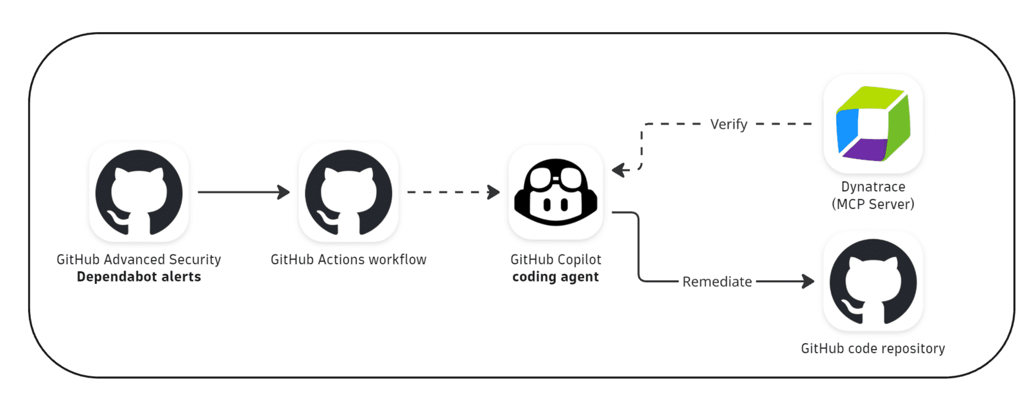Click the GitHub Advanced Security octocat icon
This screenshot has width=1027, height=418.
coord(139,192)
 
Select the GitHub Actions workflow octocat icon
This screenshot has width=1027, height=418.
coord(349,192)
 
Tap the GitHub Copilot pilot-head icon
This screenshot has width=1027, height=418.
coord(556,192)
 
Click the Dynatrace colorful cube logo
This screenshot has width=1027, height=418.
coord(873,124)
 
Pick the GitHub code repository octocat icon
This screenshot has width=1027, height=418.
coord(873,281)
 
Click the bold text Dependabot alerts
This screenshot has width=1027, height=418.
coord(139,277)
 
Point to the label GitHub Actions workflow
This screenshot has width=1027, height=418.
coord(349,260)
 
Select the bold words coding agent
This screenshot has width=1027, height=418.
coord(556,277)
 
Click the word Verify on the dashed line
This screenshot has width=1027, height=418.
coord(729,124)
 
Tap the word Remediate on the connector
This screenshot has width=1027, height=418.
coord(717,281)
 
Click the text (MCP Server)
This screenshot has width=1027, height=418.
coord(873,205)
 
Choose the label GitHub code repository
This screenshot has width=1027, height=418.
coord(873,349)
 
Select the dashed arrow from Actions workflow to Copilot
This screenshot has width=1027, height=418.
coord(453,192)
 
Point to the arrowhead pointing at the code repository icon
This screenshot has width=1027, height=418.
coord(808,281)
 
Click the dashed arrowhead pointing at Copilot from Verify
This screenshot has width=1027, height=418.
coord(619,170)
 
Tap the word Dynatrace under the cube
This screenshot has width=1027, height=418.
coord(873,187)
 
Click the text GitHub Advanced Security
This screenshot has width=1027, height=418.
coord(139,260)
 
